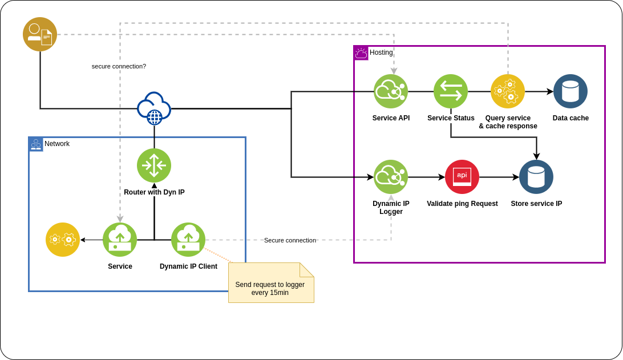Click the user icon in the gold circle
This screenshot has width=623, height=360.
point(40,34)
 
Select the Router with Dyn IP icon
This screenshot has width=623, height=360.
point(154,165)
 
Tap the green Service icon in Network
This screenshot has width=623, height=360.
point(120,240)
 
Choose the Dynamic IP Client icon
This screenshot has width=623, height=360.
point(188,240)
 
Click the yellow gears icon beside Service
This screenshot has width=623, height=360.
point(63,240)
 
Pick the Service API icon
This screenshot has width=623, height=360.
point(391,91)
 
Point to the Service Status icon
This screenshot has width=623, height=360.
point(451,91)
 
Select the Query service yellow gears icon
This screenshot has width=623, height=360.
point(508,91)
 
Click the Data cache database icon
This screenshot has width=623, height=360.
point(571,91)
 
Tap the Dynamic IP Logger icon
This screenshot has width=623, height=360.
point(391,177)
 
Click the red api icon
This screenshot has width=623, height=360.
point(462,177)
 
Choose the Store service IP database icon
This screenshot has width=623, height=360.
point(536,177)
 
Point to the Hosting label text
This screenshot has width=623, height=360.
point(381,52)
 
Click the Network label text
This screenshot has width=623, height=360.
point(57,144)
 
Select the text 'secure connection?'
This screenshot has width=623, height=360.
point(119,66)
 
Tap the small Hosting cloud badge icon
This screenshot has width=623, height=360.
point(361,53)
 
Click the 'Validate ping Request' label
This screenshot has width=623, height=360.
point(462,204)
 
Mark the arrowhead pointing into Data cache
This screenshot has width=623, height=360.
point(551,91)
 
